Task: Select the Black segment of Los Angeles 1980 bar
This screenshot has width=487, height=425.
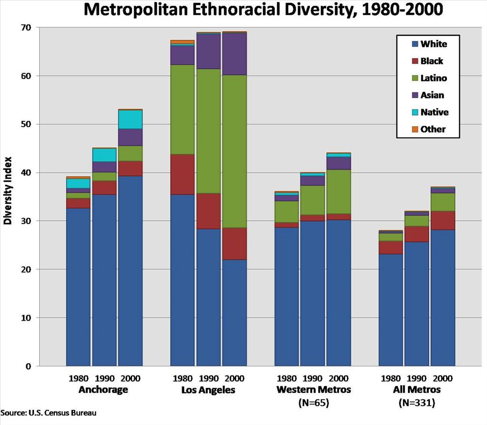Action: click(x=182, y=174)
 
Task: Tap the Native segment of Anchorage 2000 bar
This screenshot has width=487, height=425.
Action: click(x=130, y=120)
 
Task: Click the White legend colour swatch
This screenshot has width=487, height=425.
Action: click(x=415, y=44)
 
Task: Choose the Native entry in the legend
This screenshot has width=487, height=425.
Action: click(x=434, y=112)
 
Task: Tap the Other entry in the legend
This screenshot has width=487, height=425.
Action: click(x=433, y=129)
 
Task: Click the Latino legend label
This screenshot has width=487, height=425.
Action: click(x=434, y=78)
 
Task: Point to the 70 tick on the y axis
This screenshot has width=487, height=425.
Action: click(x=25, y=28)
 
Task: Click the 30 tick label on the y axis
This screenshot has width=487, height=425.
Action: click(x=25, y=221)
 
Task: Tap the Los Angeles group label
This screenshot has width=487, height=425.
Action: click(x=209, y=389)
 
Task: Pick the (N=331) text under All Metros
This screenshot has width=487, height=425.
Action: click(x=417, y=402)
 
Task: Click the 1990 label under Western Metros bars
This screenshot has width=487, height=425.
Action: click(x=313, y=378)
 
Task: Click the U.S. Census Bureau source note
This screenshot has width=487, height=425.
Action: click(x=49, y=413)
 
